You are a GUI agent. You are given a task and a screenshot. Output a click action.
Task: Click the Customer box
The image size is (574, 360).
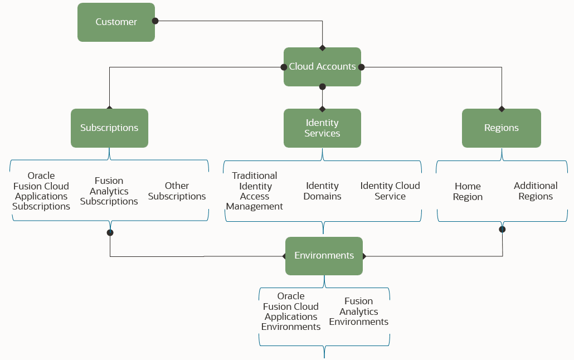pyautogui.click(x=116, y=22)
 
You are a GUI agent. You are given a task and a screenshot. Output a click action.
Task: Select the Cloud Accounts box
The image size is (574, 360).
pyautogui.click(x=322, y=67)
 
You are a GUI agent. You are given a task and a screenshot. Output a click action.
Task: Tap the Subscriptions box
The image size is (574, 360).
pyautogui.click(x=109, y=128)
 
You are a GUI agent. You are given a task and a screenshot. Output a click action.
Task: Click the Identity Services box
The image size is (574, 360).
pyautogui.click(x=322, y=128)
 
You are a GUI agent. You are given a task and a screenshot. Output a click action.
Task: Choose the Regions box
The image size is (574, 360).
pyautogui.click(x=501, y=128)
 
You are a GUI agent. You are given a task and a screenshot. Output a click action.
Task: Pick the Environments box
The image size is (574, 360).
pyautogui.click(x=324, y=256)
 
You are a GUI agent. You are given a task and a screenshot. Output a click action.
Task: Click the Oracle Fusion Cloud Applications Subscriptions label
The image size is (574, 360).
pyautogui.click(x=41, y=191)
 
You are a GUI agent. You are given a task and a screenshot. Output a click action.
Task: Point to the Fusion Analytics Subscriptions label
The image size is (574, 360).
pyautogui.click(x=109, y=191)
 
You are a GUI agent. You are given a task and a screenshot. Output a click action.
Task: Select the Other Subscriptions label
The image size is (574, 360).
pyautogui.click(x=177, y=191)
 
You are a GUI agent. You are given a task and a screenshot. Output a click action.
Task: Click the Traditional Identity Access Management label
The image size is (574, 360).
pyautogui.click(x=255, y=191)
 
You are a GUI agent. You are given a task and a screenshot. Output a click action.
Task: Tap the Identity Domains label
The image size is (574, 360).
pyautogui.click(x=322, y=191)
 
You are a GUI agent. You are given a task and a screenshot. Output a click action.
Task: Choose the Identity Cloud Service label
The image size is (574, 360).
pyautogui.click(x=390, y=191)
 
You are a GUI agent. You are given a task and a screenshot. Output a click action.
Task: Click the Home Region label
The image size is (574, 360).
pyautogui.click(x=468, y=192)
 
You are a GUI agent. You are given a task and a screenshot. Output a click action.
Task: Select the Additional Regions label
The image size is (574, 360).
pyautogui.click(x=536, y=191)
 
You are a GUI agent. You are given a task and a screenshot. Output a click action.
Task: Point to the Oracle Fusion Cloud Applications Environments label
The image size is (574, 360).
pyautogui.click(x=291, y=312)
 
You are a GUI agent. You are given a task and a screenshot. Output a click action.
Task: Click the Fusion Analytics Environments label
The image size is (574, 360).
pyautogui.click(x=359, y=312)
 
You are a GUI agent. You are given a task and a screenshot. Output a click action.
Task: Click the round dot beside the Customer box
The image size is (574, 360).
pyautogui.click(x=155, y=21)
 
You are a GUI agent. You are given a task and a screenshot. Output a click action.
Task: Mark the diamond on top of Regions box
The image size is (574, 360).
pyautogui.click(x=502, y=109)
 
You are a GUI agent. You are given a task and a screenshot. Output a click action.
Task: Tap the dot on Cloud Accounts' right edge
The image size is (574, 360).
pyautogui.click(x=361, y=67)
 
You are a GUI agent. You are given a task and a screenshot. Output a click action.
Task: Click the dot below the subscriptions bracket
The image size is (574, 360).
pyautogui.click(x=110, y=232)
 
